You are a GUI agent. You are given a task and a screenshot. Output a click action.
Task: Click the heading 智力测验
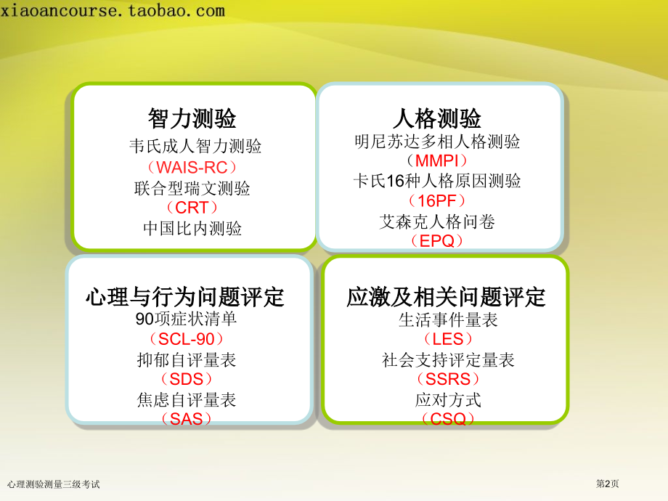click(x=192, y=118)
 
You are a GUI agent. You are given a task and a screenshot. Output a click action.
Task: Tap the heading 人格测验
click(x=437, y=118)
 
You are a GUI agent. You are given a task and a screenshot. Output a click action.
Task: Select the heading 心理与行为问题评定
click(x=185, y=296)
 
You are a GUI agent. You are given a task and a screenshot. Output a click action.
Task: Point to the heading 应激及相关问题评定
click(x=446, y=296)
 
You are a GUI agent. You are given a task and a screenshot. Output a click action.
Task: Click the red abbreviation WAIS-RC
click(x=192, y=168)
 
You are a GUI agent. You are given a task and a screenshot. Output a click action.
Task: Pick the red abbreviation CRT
click(x=192, y=208)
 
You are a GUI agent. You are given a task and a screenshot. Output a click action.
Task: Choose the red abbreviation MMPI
click(x=437, y=160)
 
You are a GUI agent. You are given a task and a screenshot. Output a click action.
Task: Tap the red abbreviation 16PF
click(x=437, y=200)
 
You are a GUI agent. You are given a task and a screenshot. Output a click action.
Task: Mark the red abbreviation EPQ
click(x=437, y=241)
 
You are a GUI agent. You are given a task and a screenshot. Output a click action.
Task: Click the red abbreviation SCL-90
click(x=186, y=339)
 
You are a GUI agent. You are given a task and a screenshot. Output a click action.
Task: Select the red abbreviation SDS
click(x=186, y=379)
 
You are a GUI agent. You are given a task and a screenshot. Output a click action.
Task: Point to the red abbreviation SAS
click(x=186, y=419)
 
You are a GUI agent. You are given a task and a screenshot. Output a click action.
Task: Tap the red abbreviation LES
click(x=448, y=339)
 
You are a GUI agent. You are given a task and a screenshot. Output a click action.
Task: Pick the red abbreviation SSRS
click(x=448, y=379)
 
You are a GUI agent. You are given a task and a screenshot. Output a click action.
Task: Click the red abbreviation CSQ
click(x=448, y=419)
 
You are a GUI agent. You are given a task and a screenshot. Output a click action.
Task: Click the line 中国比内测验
click(x=192, y=228)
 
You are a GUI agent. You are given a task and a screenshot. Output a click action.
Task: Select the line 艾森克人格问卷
click(x=437, y=221)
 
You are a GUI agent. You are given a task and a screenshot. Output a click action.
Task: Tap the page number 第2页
click(x=607, y=484)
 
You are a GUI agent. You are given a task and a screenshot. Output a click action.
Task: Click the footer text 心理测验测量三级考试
click(x=53, y=484)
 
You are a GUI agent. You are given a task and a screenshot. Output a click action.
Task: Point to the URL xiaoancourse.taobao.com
click(x=113, y=10)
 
